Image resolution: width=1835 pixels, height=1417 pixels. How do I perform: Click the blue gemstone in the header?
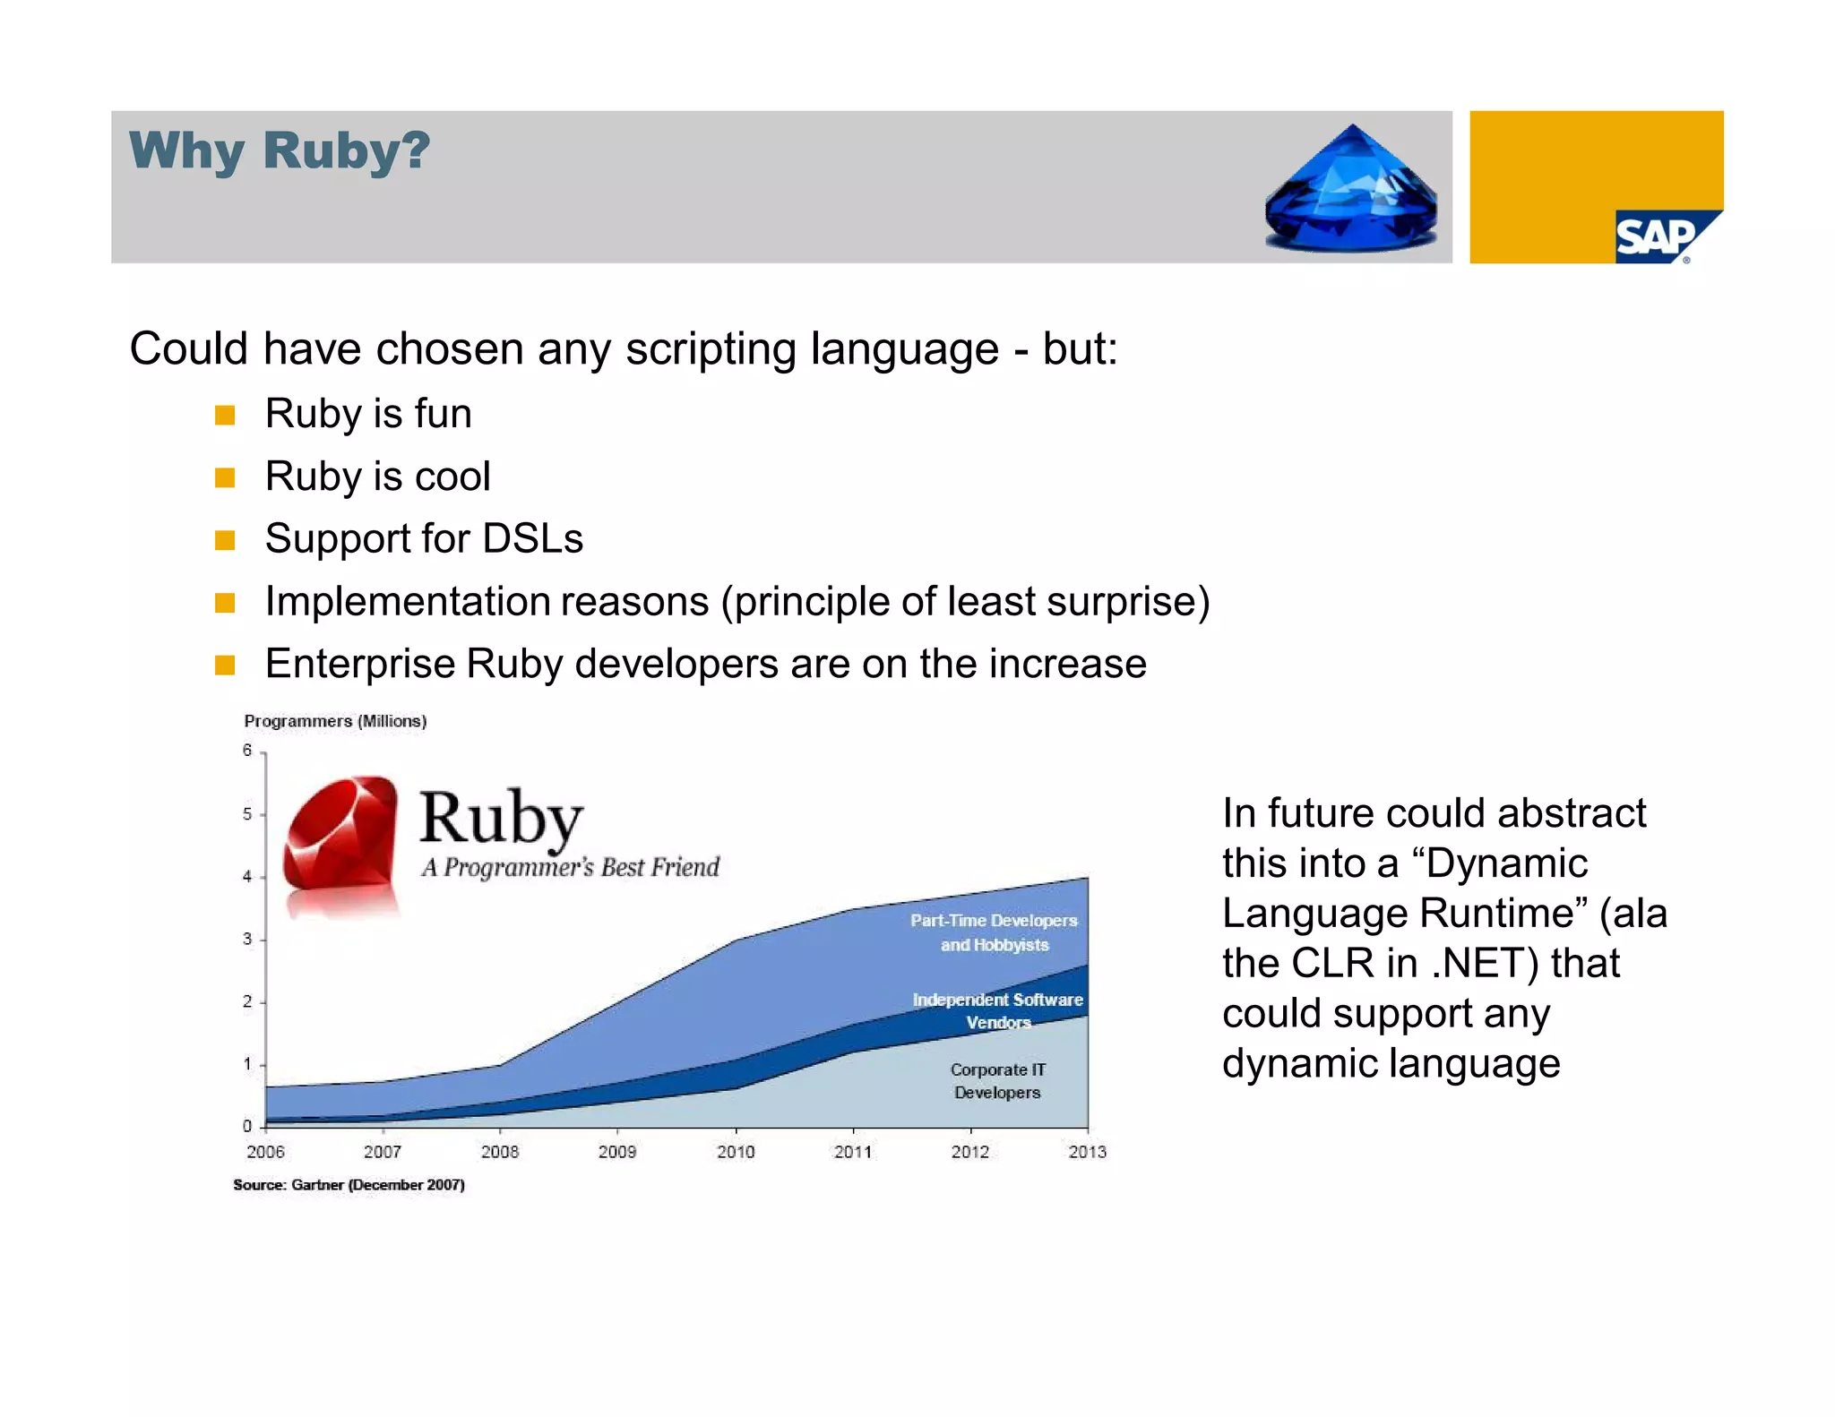1351,190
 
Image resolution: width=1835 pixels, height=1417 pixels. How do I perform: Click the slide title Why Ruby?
280,150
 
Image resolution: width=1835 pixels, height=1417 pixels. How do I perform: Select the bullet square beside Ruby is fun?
225,416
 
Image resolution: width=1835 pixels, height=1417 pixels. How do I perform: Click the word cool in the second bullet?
452,477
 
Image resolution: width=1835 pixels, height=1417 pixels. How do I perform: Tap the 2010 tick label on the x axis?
736,1152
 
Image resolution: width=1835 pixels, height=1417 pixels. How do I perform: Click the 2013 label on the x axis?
1087,1152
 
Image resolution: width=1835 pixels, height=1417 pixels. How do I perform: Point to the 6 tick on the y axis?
247,751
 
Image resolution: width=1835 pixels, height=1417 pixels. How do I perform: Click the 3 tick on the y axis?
247,939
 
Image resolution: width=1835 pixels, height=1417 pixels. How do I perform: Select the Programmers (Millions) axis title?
335,721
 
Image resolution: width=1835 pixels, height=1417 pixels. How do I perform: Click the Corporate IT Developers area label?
997,1081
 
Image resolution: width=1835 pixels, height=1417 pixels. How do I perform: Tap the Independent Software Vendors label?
997,1010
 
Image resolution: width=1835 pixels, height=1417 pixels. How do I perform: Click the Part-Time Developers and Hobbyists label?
994,932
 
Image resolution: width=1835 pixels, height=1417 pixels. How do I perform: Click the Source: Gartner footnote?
349,1185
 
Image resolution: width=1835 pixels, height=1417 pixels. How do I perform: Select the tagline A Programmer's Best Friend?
570,867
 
